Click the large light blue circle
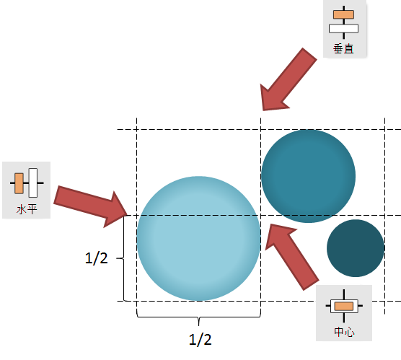click(199, 239)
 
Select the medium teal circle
click(308, 176)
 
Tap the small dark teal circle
click(356, 248)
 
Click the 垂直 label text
click(343, 48)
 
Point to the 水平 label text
click(27, 209)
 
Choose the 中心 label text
click(344, 332)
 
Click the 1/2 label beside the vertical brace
click(97, 258)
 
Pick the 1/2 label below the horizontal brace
click(200, 340)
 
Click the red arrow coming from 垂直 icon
click(288, 80)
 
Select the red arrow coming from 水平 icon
click(90, 206)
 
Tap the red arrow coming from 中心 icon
click(292, 257)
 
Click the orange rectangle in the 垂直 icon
click(343, 14)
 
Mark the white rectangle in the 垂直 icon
click(343, 28)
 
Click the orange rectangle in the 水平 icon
click(19, 183)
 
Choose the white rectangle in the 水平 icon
click(33, 183)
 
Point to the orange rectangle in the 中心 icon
click(344, 306)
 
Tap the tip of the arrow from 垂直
click(263, 110)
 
